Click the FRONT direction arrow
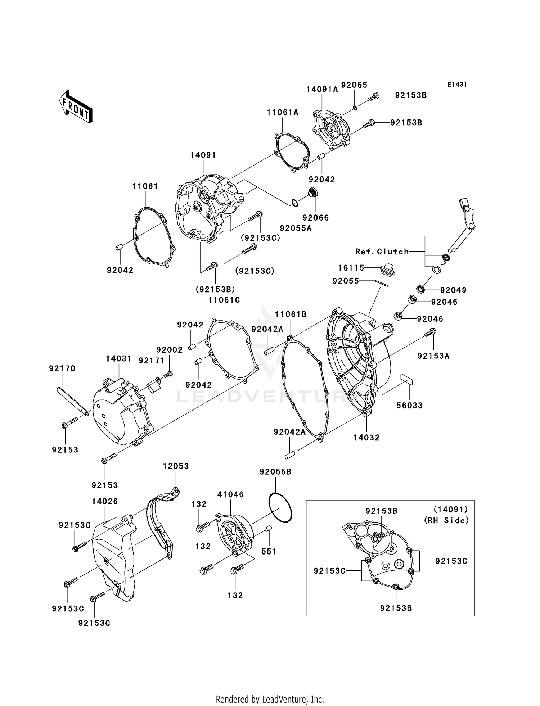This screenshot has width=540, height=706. [76, 107]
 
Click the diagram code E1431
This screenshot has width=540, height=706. [457, 85]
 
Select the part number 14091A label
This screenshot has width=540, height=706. [322, 90]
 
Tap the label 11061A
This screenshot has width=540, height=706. [283, 112]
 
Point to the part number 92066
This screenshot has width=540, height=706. [315, 218]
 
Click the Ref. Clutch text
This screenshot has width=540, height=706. [382, 252]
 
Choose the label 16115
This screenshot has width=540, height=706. [351, 268]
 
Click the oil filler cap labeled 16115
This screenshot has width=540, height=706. [387, 269]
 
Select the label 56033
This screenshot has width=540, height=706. [409, 405]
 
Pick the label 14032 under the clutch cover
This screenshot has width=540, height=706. [366, 438]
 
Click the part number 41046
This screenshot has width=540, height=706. [230, 494]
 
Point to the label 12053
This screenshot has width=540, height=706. [176, 466]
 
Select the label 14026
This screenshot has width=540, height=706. [105, 501]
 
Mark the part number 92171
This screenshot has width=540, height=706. [151, 361]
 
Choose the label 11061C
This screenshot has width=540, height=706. [224, 300]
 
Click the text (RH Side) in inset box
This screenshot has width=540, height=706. [446, 520]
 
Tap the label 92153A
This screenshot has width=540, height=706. [433, 356]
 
